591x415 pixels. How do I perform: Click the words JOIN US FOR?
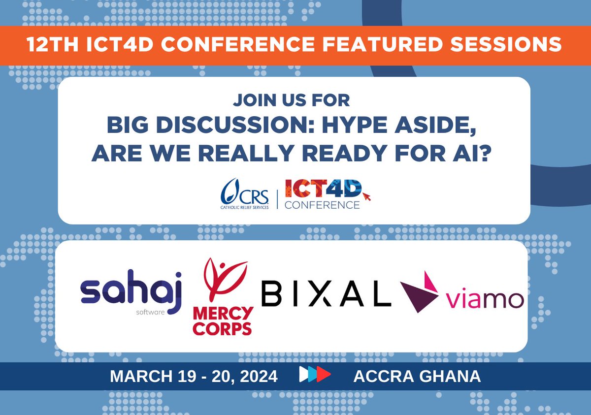pos(292,100)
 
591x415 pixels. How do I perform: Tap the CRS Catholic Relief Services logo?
pos(245,194)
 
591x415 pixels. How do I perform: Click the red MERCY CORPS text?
pos(223,320)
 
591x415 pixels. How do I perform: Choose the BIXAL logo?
pos(326,294)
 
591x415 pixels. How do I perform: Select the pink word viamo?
pos(484,299)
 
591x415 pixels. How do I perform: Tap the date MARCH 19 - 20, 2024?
pos(194,377)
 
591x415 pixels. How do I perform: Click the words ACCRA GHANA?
pos(417,377)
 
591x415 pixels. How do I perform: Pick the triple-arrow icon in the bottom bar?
pos(315,376)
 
